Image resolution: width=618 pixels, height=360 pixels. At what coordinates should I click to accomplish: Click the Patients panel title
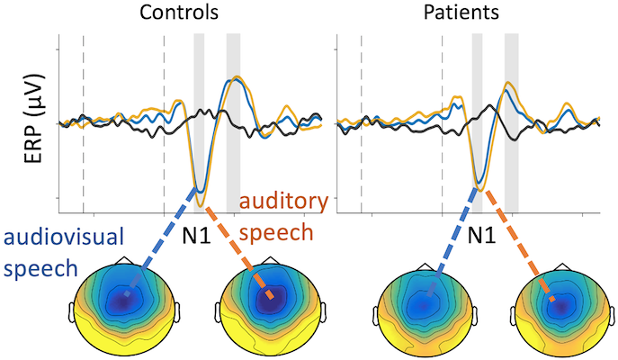(x=465, y=14)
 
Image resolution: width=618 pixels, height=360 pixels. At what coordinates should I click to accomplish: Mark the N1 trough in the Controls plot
(x=200, y=202)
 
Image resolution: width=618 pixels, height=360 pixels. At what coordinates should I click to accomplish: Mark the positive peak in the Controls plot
(x=236, y=78)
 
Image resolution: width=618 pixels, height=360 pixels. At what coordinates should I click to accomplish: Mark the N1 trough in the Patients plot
(x=480, y=185)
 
